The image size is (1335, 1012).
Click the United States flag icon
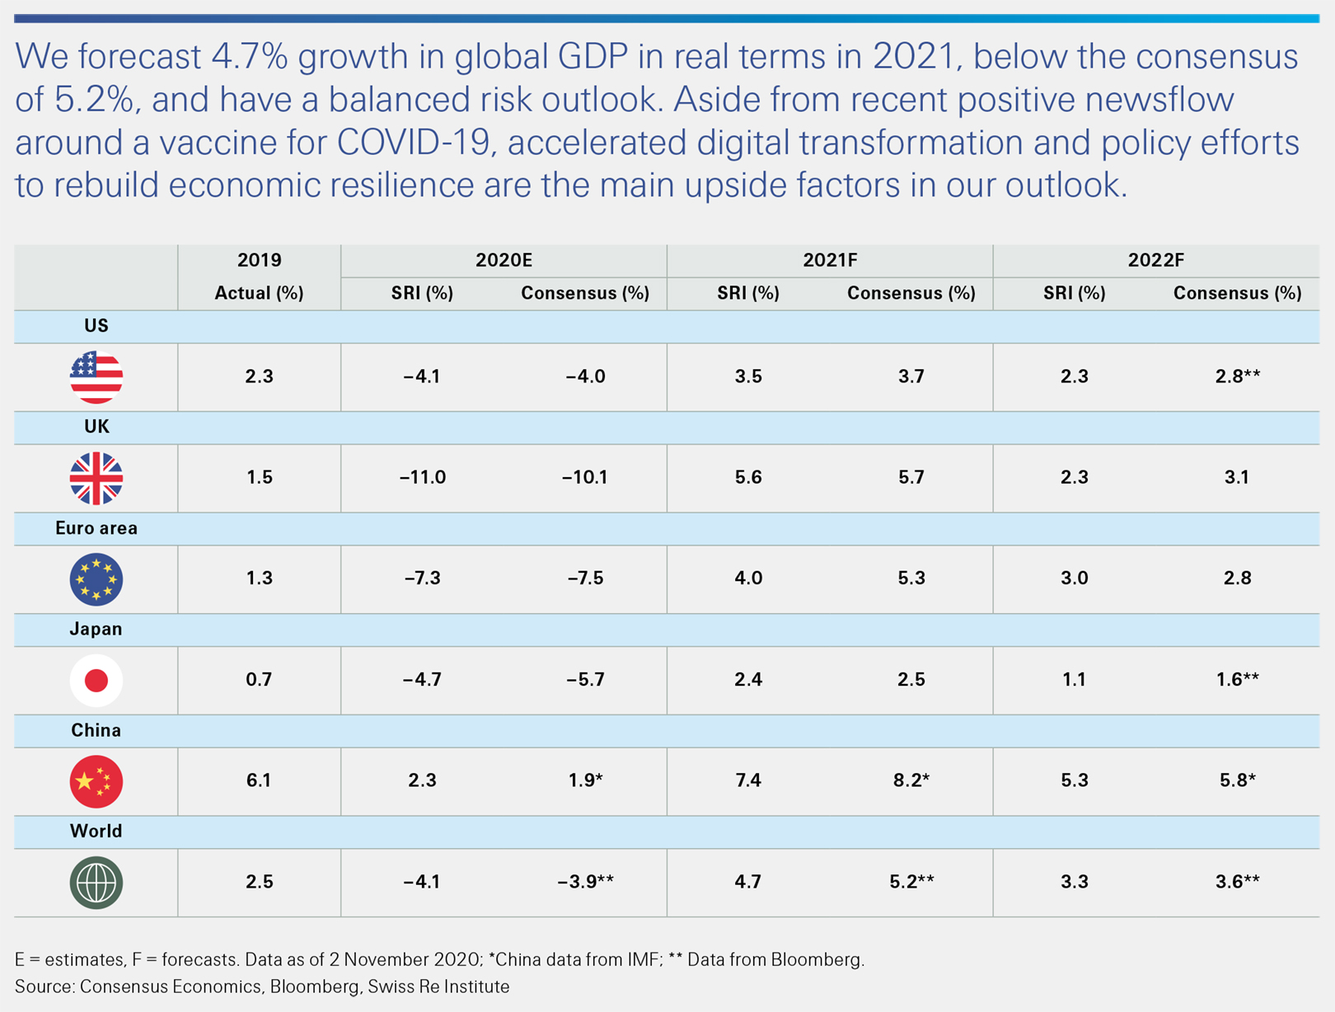click(x=96, y=377)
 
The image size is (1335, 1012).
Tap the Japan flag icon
click(x=96, y=680)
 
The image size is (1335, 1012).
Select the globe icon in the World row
click(x=96, y=883)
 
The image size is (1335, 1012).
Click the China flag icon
click(x=96, y=781)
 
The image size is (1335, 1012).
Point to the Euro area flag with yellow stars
click(x=96, y=579)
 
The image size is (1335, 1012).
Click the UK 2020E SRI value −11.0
click(x=423, y=478)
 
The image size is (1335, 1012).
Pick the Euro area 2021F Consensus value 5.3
click(x=911, y=579)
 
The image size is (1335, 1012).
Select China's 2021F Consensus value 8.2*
click(x=911, y=780)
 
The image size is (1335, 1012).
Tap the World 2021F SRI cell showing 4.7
click(x=748, y=882)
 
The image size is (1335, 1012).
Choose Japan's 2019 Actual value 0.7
click(x=259, y=680)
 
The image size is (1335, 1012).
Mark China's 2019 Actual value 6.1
click(x=259, y=780)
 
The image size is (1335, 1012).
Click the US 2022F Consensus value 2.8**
click(x=1237, y=377)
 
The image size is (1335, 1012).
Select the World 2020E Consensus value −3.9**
click(x=585, y=882)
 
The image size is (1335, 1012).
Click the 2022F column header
click(x=1155, y=260)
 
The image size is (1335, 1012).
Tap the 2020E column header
click(x=504, y=260)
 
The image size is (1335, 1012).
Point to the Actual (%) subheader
click(x=259, y=293)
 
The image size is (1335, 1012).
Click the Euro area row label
click(x=96, y=528)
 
